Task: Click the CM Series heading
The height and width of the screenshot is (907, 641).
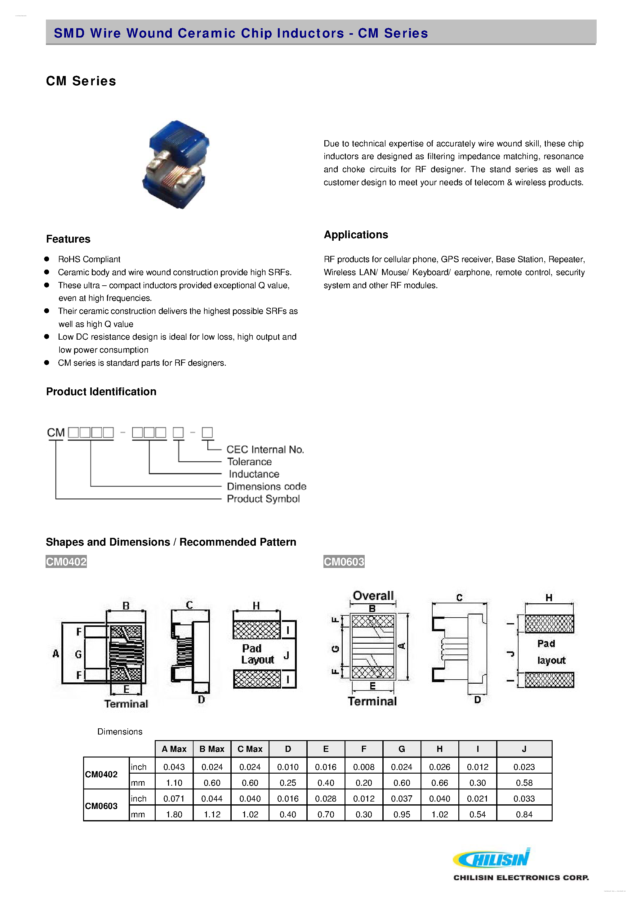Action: pyautogui.click(x=81, y=81)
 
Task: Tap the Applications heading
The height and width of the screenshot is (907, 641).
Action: pyautogui.click(x=355, y=235)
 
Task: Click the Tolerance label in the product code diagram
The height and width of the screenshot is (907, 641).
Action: pyautogui.click(x=249, y=462)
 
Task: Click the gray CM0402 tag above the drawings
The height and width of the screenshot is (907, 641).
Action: pyautogui.click(x=66, y=561)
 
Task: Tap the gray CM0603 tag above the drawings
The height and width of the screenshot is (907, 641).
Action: pyautogui.click(x=344, y=561)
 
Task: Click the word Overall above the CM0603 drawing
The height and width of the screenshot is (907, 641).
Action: pyautogui.click(x=373, y=595)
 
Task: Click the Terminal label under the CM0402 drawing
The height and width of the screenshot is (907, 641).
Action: pyautogui.click(x=126, y=704)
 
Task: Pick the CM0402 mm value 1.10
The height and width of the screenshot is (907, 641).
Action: pyautogui.click(x=174, y=783)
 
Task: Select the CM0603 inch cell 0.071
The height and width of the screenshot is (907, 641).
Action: pyautogui.click(x=174, y=798)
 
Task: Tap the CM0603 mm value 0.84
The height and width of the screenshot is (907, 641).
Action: pyautogui.click(x=524, y=814)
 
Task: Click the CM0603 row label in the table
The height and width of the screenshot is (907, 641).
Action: pyautogui.click(x=101, y=806)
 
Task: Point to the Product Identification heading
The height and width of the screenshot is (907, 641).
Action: pyautogui.click(x=101, y=391)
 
